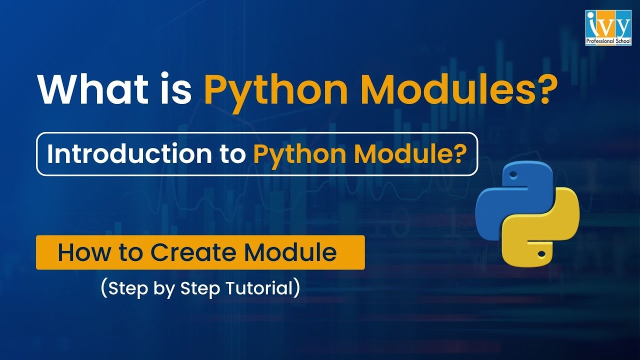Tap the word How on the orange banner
click(x=82, y=252)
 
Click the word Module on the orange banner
click(x=290, y=252)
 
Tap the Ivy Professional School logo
click(x=608, y=27)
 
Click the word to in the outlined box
click(x=231, y=154)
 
